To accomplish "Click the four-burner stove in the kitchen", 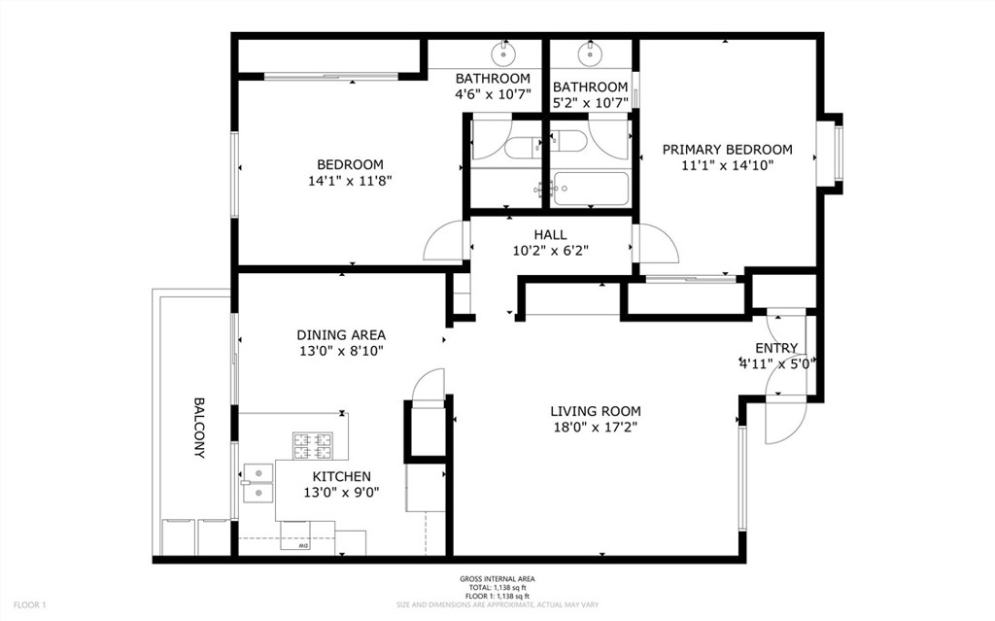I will (310, 446).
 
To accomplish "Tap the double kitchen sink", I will (258, 482).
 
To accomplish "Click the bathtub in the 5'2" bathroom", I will (589, 187).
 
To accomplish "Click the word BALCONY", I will (199, 428).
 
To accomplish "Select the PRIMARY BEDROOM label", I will (727, 150).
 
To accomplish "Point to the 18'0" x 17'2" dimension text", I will (596, 427).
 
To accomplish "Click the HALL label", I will (549, 234).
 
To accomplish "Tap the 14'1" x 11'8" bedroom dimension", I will (350, 180).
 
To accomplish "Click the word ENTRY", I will (776, 348).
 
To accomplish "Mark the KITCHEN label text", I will (341, 476).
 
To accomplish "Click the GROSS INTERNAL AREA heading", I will (497, 579).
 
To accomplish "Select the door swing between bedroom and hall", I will (447, 240).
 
